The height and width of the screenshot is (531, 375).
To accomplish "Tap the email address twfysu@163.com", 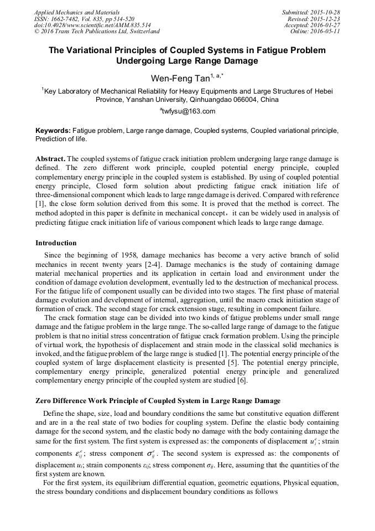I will click(188, 111).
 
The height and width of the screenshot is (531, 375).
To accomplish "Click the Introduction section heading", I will click(56, 243).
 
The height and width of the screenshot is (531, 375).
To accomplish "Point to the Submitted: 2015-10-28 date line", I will click(311, 12).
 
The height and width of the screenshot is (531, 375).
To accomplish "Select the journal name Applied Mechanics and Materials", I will click(76, 12).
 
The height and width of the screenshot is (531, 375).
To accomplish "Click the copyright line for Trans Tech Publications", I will click(97, 32).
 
